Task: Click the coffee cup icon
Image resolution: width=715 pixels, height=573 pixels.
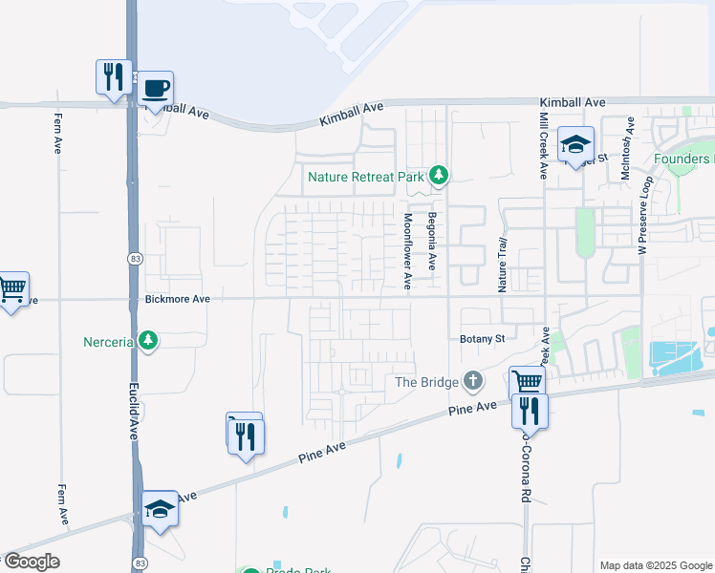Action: coord(155,89)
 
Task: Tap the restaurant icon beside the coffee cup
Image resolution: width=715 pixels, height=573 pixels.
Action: coord(114,76)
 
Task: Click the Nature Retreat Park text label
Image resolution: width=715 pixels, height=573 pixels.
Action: coord(365,177)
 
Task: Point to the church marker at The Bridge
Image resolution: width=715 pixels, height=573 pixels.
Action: coord(472,382)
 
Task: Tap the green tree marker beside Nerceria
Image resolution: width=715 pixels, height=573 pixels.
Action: coord(147,339)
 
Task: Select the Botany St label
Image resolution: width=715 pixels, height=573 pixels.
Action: coord(482,338)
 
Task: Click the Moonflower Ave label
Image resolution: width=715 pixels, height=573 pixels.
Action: coord(407,251)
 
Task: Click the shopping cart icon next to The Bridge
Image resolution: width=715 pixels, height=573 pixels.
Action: coord(527,382)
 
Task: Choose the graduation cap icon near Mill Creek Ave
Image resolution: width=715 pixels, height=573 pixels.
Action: coord(575,143)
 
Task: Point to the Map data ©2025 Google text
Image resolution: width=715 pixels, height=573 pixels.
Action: coord(655,565)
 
